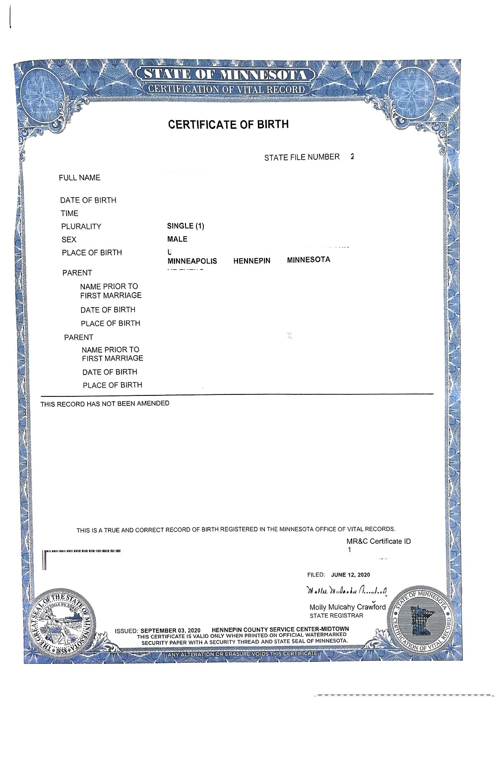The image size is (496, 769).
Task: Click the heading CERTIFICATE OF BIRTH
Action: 228,124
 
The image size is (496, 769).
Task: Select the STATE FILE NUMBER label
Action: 302,157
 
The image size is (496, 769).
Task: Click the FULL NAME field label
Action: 79,178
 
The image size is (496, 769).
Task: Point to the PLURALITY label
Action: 81,226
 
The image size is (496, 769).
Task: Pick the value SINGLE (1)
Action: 186,226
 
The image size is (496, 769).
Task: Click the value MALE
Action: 177,239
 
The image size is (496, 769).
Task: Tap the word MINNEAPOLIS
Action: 192,261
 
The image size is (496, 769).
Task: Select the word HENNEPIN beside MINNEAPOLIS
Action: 251,260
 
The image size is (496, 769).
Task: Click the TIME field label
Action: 69,213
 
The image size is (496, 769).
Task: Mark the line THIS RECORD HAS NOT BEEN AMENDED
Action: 105,404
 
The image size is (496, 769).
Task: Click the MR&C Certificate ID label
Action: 378,541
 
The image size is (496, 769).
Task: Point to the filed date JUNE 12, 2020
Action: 350,575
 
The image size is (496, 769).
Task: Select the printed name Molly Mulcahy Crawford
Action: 347,607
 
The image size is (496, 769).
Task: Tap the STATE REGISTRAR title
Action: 336,616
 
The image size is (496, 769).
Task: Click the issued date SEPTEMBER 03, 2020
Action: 170,631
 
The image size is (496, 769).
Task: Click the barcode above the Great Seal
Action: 82,551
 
